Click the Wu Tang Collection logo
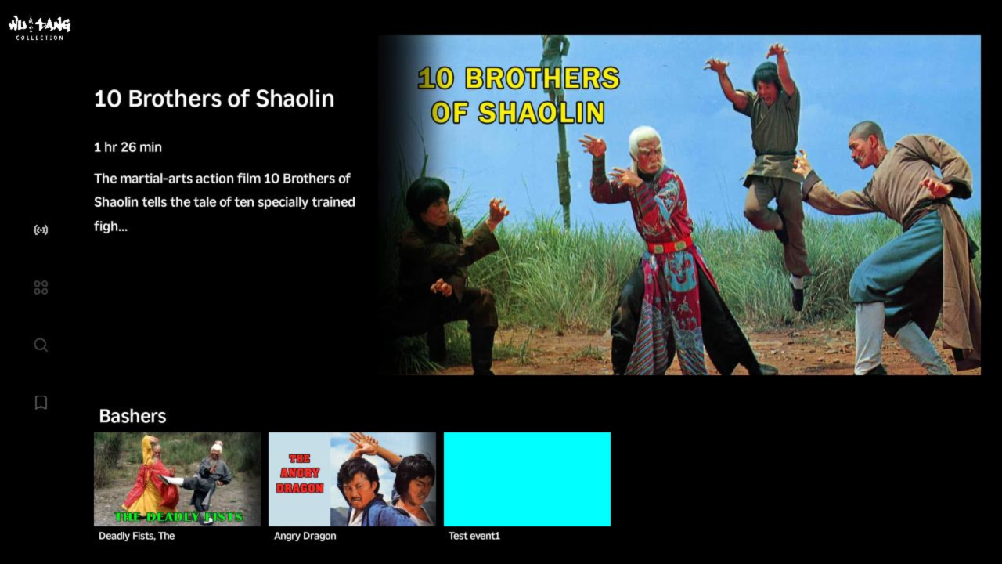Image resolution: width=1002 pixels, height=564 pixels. tap(39, 28)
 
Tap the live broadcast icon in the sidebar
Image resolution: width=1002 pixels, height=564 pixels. tap(41, 230)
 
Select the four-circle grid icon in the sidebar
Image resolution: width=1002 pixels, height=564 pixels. tap(41, 287)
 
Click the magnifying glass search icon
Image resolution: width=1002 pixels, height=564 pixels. tap(41, 345)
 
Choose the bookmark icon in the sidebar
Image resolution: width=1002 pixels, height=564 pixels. tap(41, 403)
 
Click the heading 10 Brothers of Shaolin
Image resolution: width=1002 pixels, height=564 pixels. tap(214, 99)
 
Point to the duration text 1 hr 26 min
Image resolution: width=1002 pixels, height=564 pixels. tap(128, 147)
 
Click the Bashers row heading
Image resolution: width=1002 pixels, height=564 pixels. tap(132, 416)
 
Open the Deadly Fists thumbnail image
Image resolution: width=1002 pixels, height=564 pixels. tap(177, 479)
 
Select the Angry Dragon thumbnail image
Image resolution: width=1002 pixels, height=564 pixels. tap(352, 479)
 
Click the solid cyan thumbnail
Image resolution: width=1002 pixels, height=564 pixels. tap(527, 479)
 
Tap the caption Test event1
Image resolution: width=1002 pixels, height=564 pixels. tap(474, 537)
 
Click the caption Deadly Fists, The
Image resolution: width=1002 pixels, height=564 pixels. tap(137, 537)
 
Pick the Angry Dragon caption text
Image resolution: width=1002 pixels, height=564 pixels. tap(305, 537)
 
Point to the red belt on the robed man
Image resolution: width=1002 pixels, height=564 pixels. tap(669, 246)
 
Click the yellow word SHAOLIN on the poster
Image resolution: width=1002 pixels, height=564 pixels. tap(541, 112)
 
